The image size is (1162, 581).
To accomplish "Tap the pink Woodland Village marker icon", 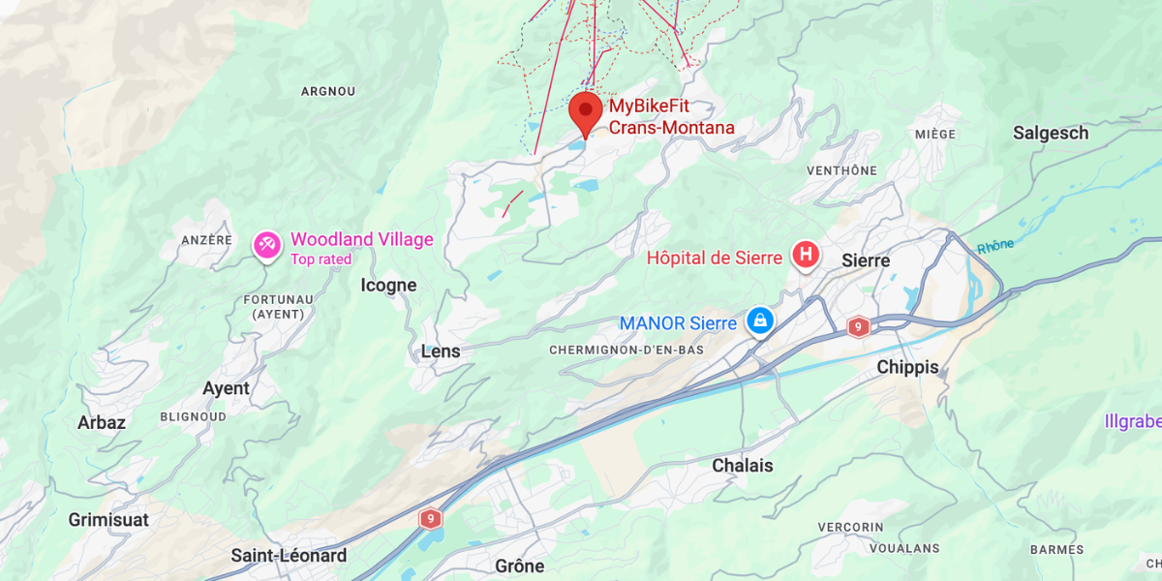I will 266,244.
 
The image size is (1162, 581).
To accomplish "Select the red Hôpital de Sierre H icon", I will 805,256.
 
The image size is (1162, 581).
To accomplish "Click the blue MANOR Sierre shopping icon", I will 761,321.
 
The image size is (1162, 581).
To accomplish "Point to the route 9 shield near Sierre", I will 858,327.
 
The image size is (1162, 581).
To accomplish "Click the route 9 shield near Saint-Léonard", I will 431,519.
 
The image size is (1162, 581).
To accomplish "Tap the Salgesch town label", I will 1051,133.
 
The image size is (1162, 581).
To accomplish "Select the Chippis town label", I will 907,367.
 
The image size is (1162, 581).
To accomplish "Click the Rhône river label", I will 994,246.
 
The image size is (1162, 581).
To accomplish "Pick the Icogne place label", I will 388,285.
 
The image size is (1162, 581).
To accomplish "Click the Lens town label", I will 441,352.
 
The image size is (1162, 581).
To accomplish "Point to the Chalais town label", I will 743,466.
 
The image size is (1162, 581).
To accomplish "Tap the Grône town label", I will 519,566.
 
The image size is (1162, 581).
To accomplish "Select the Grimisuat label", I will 108,520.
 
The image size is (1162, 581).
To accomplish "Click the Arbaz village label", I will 102,422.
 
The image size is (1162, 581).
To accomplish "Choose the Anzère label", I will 206,239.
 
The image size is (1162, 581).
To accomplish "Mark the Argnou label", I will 328,91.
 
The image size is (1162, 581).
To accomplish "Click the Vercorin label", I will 851,527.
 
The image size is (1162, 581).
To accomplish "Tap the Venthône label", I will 841,170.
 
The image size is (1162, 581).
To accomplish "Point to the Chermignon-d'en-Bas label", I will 626,349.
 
